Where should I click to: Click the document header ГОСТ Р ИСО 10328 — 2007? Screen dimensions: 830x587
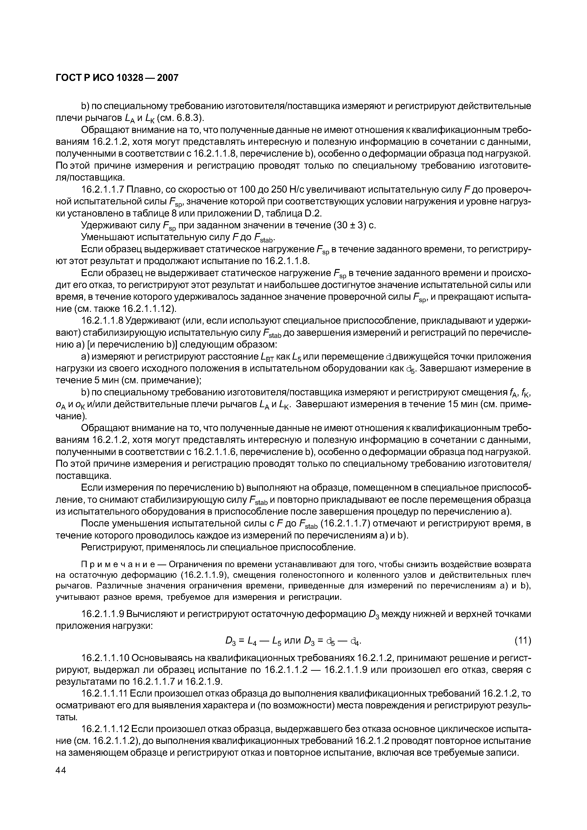pyautogui.click(x=117, y=78)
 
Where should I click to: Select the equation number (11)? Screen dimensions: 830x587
pyautogui.click(x=522, y=641)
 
